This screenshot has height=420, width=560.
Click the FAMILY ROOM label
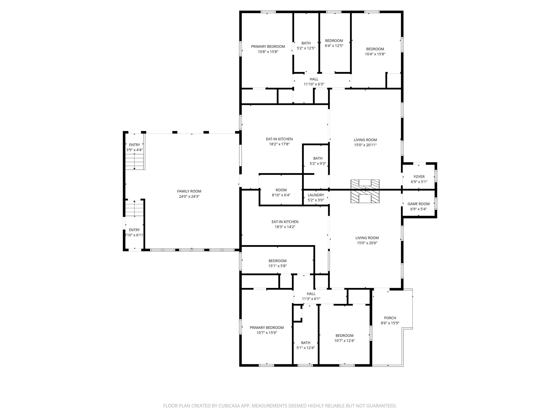(x=189, y=191)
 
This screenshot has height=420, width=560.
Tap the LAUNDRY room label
(x=316, y=195)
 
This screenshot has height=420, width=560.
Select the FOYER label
(x=419, y=177)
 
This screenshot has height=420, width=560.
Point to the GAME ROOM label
(x=419, y=204)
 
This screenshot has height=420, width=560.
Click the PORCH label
(x=390, y=318)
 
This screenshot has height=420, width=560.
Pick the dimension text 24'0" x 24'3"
(x=189, y=197)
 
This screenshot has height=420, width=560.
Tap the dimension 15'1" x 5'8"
(x=277, y=266)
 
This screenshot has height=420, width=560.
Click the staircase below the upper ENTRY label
(x=135, y=161)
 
